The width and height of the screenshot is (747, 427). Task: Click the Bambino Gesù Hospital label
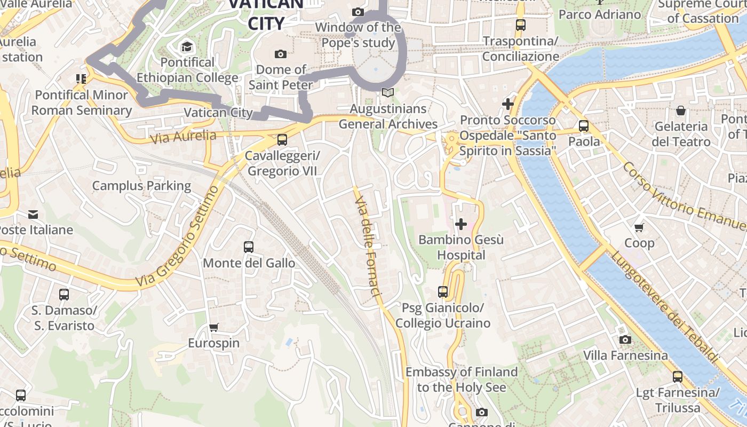click(x=461, y=248)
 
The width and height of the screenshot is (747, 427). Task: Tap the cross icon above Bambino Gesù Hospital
click(x=461, y=224)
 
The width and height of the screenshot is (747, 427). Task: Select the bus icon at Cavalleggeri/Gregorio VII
click(x=282, y=140)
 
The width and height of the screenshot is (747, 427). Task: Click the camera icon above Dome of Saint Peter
click(x=280, y=54)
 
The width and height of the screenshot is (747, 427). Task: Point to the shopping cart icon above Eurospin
click(x=213, y=327)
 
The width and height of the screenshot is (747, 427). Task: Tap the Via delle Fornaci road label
click(x=368, y=246)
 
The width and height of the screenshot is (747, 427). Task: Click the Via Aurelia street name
click(x=183, y=137)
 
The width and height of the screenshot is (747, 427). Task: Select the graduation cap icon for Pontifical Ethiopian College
click(x=187, y=46)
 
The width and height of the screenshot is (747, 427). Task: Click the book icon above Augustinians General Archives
click(x=388, y=93)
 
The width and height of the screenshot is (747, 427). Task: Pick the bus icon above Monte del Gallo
click(x=249, y=247)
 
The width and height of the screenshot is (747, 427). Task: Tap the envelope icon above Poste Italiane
click(x=33, y=215)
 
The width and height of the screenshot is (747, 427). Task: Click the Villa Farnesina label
click(x=625, y=355)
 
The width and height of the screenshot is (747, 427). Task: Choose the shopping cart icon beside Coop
click(x=639, y=227)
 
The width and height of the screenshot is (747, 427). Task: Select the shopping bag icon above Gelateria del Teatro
click(x=681, y=110)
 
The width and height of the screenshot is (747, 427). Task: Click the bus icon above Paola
click(x=584, y=126)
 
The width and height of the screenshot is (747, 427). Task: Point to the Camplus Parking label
click(x=141, y=186)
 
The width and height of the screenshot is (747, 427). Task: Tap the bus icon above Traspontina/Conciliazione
click(x=521, y=25)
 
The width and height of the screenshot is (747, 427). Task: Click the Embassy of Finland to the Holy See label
click(x=462, y=379)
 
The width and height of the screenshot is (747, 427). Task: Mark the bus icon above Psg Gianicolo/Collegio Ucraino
click(x=443, y=291)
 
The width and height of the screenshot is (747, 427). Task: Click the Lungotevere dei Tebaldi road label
click(x=664, y=307)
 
